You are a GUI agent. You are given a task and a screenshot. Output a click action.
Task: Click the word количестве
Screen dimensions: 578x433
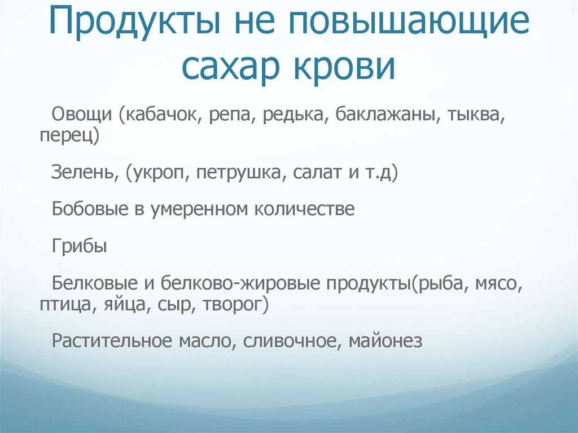(x=304, y=208)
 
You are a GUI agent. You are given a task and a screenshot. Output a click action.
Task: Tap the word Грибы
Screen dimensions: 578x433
(x=79, y=245)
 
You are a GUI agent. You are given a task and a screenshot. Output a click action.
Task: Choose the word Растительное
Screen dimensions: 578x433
(x=112, y=340)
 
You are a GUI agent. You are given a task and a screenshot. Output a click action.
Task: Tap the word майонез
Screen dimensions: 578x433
(x=386, y=340)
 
